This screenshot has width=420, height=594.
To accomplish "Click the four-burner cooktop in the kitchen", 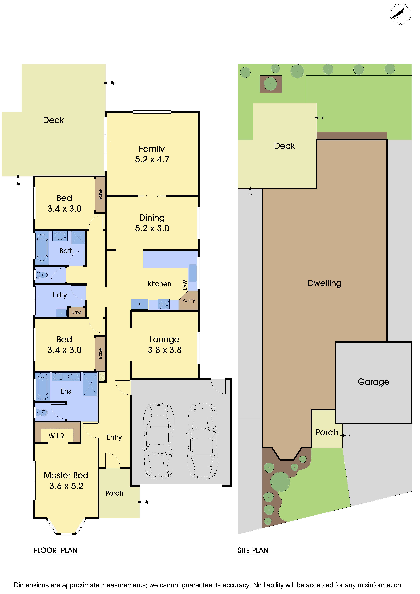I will [x=164, y=305].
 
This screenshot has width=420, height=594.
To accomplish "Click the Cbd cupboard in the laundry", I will [x=77, y=312].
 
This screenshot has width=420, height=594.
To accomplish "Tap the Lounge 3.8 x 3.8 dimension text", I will [x=165, y=350].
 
